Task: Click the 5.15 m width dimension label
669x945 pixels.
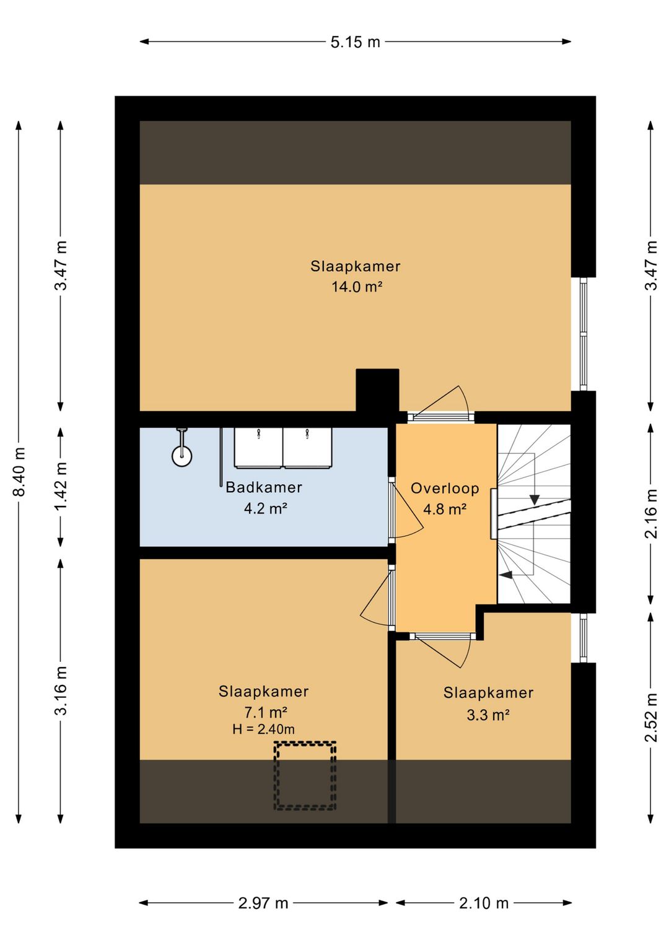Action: tap(355, 42)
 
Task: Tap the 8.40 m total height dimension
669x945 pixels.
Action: tap(19, 472)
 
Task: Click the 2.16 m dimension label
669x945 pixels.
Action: tap(651, 513)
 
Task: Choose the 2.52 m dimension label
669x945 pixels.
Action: tap(651, 717)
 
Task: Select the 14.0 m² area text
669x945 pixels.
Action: tap(357, 287)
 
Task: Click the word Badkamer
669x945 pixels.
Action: tap(264, 487)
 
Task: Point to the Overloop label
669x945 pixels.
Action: tap(445, 488)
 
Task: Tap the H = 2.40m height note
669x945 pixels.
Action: tap(263, 729)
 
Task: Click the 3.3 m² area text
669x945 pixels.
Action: tap(488, 715)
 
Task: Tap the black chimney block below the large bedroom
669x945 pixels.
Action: tap(377, 391)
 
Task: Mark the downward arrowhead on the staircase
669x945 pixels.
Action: tap(535, 500)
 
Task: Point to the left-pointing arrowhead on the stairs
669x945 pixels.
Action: tap(505, 574)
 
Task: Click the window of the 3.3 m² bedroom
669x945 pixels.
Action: tap(584, 637)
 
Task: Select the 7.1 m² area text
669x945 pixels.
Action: tap(266, 713)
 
